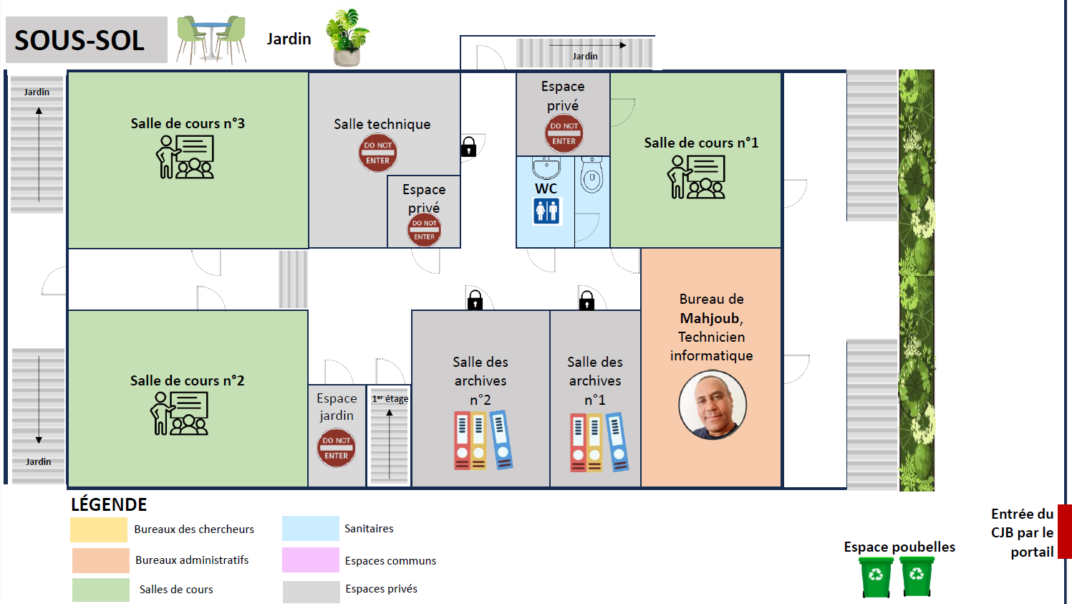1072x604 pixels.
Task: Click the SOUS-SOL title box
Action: click(86, 40)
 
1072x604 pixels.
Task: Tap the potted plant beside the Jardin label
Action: click(347, 38)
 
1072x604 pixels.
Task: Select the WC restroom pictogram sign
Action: click(546, 211)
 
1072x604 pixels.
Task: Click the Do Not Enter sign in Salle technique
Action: click(377, 153)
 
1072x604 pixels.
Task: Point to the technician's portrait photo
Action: click(713, 405)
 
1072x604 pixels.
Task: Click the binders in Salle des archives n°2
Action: click(483, 440)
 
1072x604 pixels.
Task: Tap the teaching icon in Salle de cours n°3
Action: click(185, 157)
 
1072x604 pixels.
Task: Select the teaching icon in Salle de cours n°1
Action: click(696, 176)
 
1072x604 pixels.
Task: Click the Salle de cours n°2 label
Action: click(187, 380)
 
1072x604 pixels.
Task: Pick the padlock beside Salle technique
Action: click(468, 147)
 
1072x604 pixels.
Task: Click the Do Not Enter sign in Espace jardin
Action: click(336, 448)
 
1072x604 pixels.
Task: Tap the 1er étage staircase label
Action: click(390, 398)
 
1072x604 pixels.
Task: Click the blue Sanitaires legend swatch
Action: click(310, 528)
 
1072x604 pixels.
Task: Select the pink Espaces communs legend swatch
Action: click(310, 560)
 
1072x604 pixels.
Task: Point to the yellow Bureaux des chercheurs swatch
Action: click(99, 529)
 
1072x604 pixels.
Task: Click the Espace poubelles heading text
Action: click(899, 547)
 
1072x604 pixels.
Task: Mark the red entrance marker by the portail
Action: click(1065, 531)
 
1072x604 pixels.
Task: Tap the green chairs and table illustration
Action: click(211, 39)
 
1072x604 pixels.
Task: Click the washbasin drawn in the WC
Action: click(546, 168)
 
